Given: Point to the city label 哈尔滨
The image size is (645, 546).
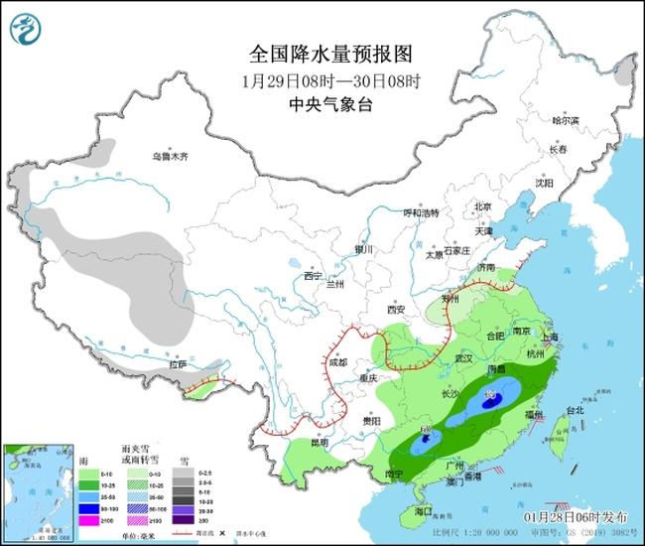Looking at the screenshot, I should pos(566,120).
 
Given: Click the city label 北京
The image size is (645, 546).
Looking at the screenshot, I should pos(483,206).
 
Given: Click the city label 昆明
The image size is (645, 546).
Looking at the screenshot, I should pos(317,441).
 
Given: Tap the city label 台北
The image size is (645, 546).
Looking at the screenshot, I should pos(576,409).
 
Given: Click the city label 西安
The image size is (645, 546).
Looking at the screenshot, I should pos(397,310).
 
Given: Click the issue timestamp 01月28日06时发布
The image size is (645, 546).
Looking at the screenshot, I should pos(577,517).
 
